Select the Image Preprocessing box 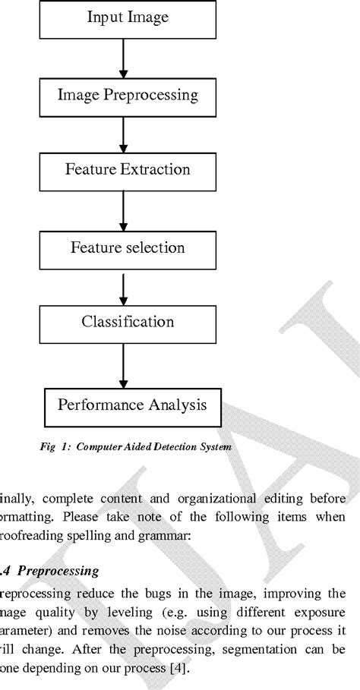pyautogui.click(x=128, y=95)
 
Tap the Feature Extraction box pyautogui.click(x=128, y=169)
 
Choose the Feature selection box pyautogui.click(x=128, y=247)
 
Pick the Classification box pyautogui.click(x=128, y=322)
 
